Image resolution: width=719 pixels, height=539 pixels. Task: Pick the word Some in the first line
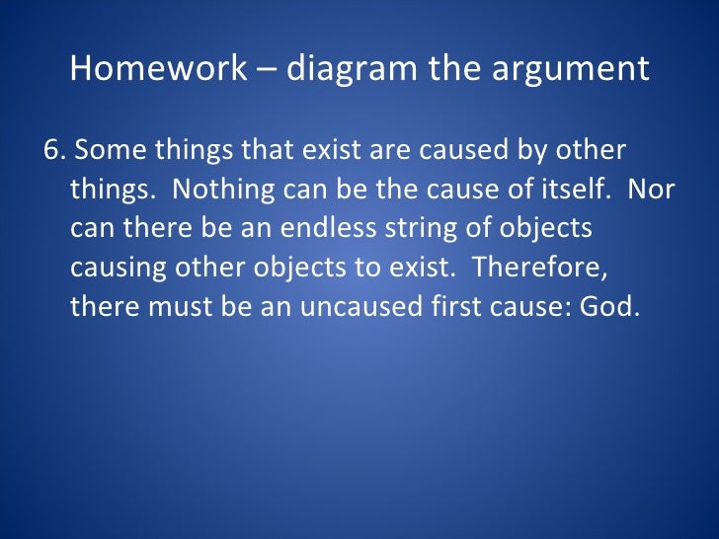pos(104,150)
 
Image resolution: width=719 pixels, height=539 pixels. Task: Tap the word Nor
pos(652,189)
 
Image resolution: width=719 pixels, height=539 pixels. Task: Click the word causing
pos(111,267)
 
